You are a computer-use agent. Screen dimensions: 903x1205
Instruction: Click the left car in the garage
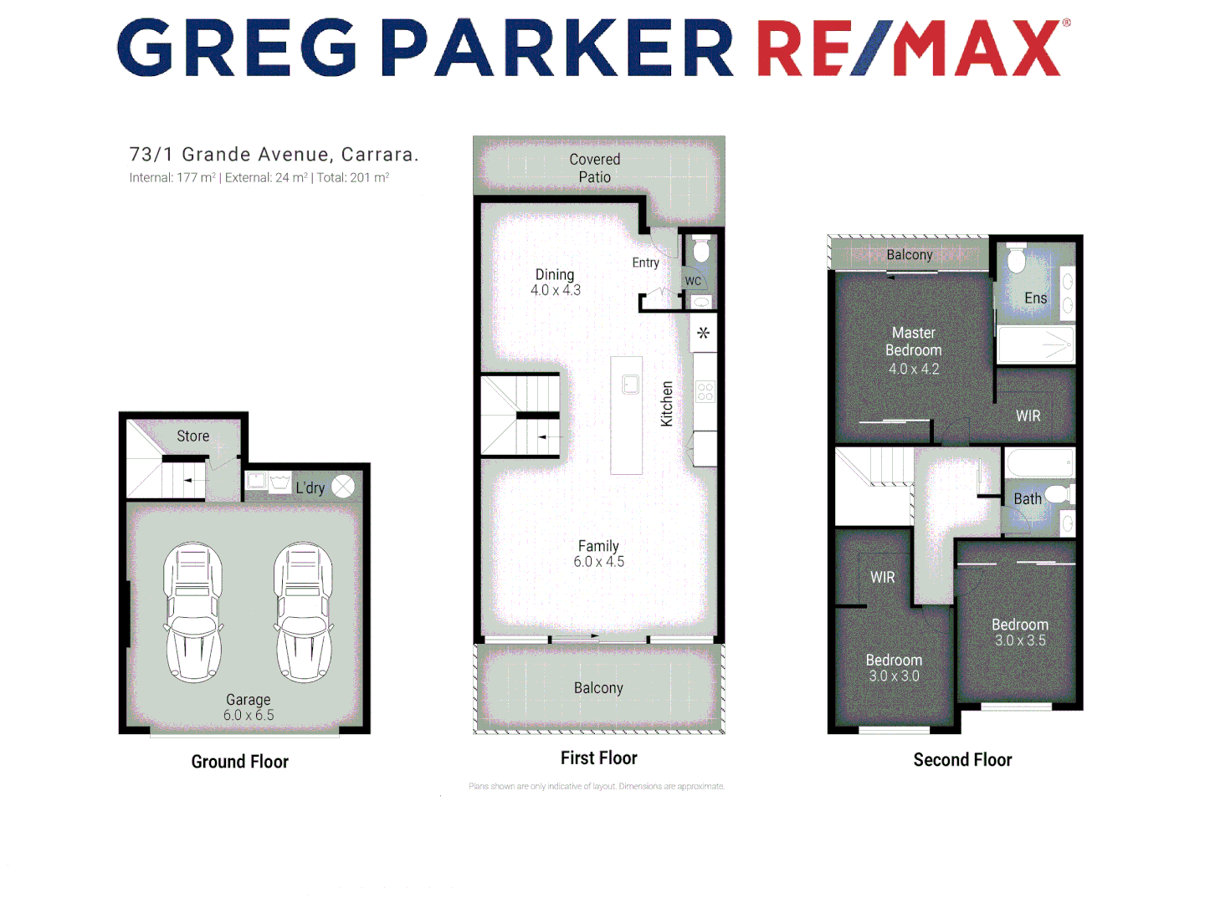[x=193, y=612]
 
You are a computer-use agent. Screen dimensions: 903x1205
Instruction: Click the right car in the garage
[x=304, y=612]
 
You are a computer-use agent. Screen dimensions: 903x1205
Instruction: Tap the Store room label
[x=193, y=436]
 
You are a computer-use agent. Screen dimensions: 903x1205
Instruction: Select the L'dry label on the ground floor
[x=310, y=487]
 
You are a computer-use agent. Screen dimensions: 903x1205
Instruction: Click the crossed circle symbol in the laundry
[x=343, y=487]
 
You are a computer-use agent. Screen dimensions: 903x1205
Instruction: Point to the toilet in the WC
[x=701, y=249]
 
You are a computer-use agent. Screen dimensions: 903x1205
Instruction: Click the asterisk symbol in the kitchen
[x=704, y=333]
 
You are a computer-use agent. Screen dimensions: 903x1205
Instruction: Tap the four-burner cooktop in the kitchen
[x=705, y=391]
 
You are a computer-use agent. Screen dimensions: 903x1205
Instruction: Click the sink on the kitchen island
[x=630, y=385]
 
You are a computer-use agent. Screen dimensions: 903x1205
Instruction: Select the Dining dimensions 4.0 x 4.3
[x=556, y=290]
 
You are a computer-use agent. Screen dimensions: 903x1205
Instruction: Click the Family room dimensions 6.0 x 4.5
[x=599, y=562]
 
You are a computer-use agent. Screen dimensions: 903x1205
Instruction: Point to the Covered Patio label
[x=595, y=168]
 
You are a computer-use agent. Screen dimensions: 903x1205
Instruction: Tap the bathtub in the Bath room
[x=1039, y=462]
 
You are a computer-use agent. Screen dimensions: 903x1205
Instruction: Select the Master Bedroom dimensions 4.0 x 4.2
[x=914, y=369]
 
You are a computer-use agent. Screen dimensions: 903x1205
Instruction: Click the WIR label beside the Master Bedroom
[x=1028, y=416]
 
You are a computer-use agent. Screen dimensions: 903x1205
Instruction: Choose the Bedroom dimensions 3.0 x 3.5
[x=1020, y=640]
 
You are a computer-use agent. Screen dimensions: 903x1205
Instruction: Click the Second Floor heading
[x=962, y=760]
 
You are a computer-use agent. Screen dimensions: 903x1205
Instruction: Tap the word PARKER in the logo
[x=557, y=48]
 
